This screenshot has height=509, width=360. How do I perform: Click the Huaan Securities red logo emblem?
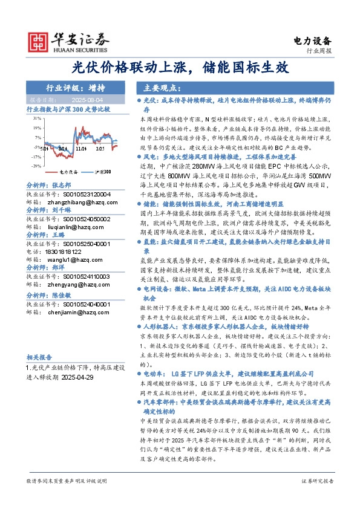pos(39,41)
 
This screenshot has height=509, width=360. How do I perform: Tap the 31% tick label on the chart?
pos(37,119)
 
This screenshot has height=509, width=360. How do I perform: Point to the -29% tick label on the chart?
pos(37,165)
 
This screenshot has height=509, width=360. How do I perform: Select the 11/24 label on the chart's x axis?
pos(81,147)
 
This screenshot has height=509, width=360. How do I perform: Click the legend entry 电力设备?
pos(71,172)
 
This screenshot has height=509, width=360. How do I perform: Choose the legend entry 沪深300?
pos(102,172)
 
